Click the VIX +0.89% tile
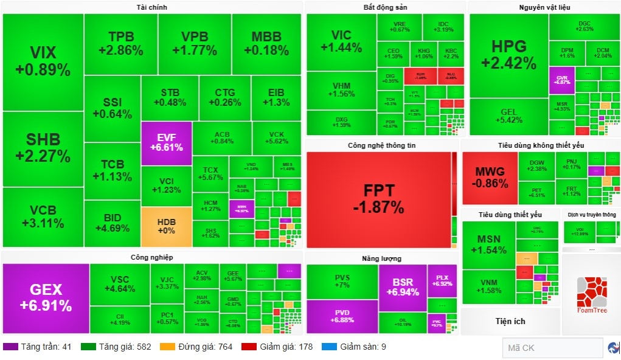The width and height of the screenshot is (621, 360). pos(43,61)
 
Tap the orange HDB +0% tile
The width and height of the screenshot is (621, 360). pos(166,226)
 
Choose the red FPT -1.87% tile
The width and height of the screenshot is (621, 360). pos(378,198)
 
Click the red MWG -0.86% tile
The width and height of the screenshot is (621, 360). pos(490,177)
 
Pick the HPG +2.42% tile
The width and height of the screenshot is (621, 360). pos(508,55)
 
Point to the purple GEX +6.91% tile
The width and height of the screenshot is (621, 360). pos(46,298)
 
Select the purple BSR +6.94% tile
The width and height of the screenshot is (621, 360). pos(402,287)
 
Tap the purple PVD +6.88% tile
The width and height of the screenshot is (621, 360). pos(342,316)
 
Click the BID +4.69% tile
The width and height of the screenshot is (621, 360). pos(113,223)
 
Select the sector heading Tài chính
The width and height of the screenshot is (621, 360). pos(151,7)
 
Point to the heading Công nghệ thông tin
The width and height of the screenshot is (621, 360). pos(381,146)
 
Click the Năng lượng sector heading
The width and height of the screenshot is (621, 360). pos(381,258)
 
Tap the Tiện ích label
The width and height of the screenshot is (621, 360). pos(510,321)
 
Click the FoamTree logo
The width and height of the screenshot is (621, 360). pos(591,295)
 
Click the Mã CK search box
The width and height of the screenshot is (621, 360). pos(552,348)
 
